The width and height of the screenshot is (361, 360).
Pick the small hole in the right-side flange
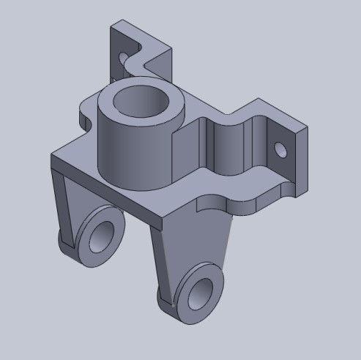(x=279, y=150)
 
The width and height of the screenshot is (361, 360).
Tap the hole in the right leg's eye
(x=198, y=293)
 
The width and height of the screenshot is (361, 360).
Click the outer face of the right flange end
(x=300, y=157)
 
